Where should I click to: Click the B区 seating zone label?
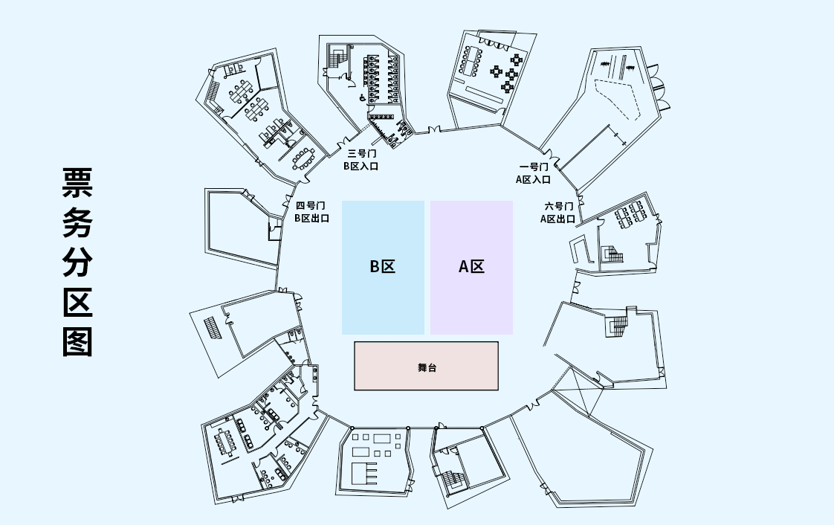click(x=383, y=266)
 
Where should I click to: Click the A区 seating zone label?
click(x=471, y=266)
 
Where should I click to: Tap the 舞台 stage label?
click(x=427, y=367)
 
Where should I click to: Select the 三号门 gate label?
click(x=361, y=154)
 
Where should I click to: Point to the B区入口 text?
click(x=361, y=166)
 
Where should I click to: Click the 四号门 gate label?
click(x=311, y=206)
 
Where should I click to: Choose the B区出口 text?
click(x=311, y=219)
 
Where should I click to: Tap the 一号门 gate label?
click(x=533, y=167)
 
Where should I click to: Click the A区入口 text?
click(x=533, y=179)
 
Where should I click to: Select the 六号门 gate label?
click(x=558, y=206)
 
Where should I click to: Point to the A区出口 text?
click(x=557, y=219)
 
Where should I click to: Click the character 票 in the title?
click(x=77, y=183)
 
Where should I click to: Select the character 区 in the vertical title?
click(x=77, y=302)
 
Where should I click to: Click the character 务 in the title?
click(x=77, y=222)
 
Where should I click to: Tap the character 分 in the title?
click(x=77, y=262)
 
